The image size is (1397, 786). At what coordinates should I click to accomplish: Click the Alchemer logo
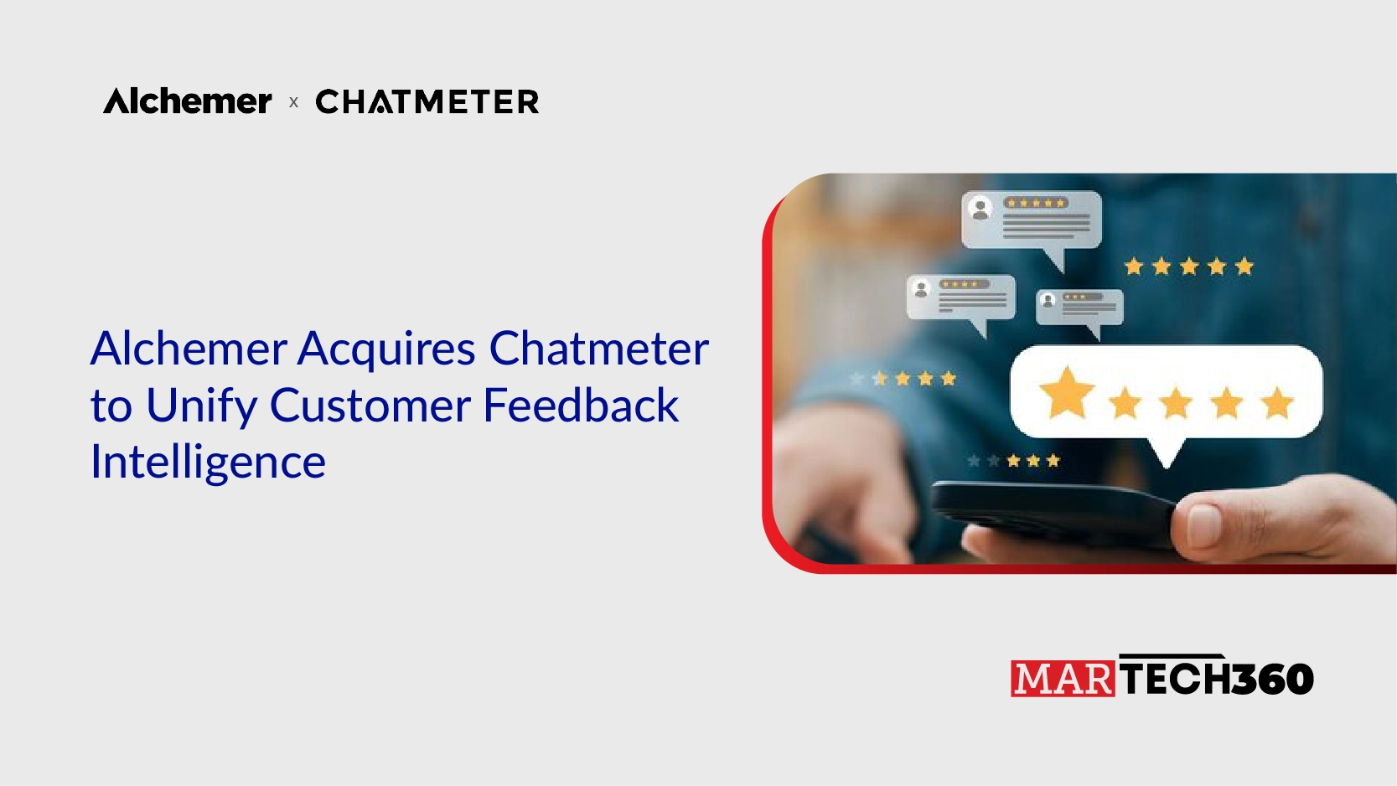tap(187, 101)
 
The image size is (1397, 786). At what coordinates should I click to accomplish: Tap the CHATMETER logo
tap(427, 101)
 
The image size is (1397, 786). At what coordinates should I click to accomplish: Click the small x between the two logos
tap(294, 102)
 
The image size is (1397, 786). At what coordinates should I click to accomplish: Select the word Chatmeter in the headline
tap(598, 348)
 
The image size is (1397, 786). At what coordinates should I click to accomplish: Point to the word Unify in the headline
tap(201, 406)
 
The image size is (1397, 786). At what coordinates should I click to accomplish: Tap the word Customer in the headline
tap(370, 406)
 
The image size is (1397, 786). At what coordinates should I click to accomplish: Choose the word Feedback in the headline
tap(581, 405)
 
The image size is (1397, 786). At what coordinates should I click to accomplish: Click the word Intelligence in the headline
tap(208, 463)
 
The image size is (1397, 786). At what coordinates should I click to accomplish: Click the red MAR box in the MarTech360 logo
tap(1063, 679)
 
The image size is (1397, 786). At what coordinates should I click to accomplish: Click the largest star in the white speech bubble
tap(1067, 393)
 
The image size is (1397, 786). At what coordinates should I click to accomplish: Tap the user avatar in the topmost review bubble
tap(980, 209)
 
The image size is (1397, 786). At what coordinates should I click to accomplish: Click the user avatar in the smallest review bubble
tap(1048, 301)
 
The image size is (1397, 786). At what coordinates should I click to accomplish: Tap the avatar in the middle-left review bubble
tap(920, 289)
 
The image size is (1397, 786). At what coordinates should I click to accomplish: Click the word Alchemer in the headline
tap(189, 348)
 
